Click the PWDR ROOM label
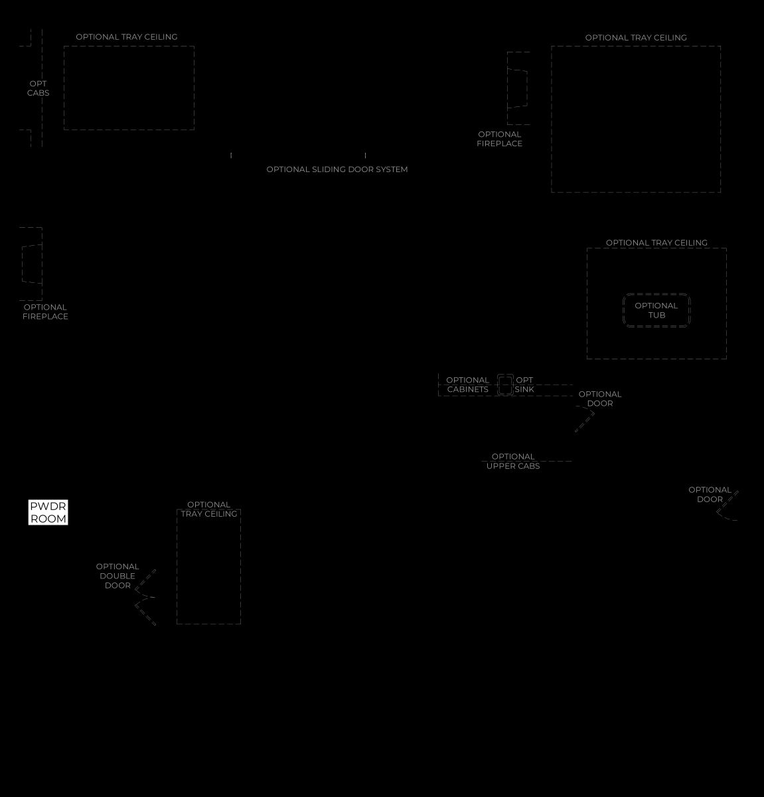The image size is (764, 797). [x=48, y=512]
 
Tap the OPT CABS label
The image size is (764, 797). [x=38, y=88]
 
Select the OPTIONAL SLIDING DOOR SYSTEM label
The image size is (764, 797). [x=337, y=169]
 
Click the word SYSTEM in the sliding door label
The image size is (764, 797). [x=392, y=169]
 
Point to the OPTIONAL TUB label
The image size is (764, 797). [x=656, y=310]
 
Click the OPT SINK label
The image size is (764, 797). [x=524, y=385]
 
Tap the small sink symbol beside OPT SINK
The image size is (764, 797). [x=505, y=385]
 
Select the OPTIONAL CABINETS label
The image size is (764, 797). [x=467, y=385]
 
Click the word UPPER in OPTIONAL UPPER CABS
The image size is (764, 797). [x=500, y=466]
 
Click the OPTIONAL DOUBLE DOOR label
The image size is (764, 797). [x=117, y=576]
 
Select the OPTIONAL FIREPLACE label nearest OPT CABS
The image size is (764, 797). [x=45, y=311]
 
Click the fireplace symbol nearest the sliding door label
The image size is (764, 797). [x=518, y=88]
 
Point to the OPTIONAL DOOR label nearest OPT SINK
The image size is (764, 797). [x=600, y=398]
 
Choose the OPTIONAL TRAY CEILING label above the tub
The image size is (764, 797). [x=656, y=242]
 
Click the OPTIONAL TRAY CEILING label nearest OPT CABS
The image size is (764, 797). [x=126, y=37]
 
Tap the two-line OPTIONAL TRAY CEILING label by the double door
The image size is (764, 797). [x=208, y=509]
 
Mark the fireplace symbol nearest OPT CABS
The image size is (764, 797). [x=31, y=264]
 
